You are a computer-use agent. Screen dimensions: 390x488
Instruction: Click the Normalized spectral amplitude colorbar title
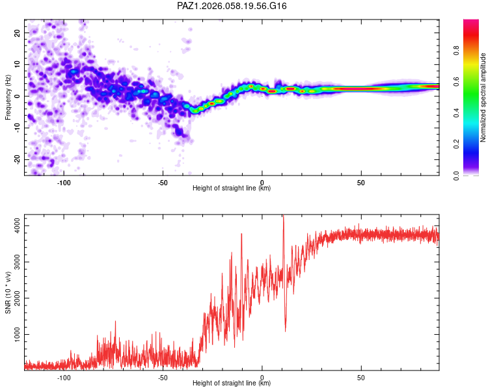(483, 97)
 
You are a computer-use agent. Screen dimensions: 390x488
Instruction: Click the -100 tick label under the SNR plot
(64, 378)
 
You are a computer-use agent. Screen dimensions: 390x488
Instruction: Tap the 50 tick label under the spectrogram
(361, 183)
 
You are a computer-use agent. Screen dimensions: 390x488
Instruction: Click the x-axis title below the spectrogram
(232, 188)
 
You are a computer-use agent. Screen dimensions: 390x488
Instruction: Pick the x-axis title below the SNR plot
(232, 383)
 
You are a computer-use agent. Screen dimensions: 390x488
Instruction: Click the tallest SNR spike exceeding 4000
(283, 217)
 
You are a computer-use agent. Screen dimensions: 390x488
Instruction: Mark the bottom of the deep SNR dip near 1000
(285, 331)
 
